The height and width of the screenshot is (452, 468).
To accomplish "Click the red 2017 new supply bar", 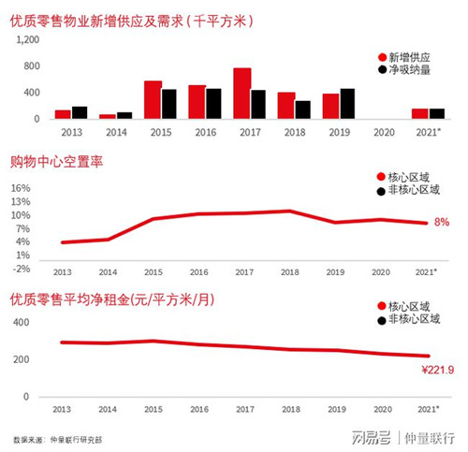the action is pos(242,94).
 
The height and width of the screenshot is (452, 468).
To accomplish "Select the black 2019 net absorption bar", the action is pos(347,104).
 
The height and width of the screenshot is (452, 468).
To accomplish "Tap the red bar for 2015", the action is pos(153,100).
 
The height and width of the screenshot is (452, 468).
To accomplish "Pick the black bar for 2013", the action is pos(80,112).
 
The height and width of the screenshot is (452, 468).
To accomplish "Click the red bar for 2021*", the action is pos(420,114).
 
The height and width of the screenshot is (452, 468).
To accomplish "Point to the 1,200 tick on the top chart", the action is pos(28,39).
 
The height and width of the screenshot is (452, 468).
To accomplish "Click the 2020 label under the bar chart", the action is pos(384,133).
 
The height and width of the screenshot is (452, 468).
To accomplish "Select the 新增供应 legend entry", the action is pos(404,57).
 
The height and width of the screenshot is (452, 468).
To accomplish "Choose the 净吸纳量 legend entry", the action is pos(404,69).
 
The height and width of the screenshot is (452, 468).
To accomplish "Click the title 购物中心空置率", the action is pos(56,162).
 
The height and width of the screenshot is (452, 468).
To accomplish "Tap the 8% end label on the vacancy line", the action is pos(442,222).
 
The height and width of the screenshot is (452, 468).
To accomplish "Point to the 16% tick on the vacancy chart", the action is pos(21,188).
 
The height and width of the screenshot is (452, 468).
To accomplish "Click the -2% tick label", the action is pos(22,269).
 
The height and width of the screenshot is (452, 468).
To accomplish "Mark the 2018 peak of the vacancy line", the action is pos(290,211).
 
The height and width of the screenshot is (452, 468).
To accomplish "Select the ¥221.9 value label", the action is pos(438,370).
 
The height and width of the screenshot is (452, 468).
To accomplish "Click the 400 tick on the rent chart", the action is pos(21,322).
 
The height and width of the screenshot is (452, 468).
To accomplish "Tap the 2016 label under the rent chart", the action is pos(199,409).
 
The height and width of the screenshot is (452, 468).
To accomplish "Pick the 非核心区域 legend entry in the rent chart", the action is pos(409,319).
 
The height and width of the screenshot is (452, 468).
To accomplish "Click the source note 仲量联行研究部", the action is pos(76,440).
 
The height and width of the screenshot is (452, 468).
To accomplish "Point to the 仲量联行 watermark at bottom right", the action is pos(430,438).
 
